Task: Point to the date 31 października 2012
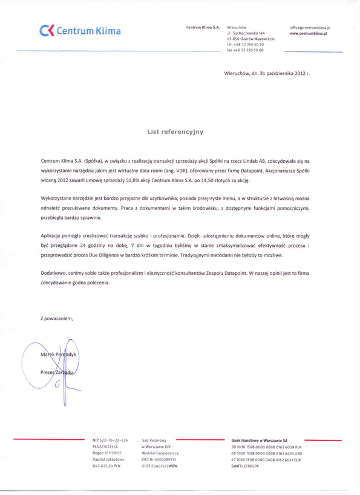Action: pos(280,73)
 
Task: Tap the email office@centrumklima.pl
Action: pos(314,28)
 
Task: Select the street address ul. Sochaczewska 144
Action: pos(246,34)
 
